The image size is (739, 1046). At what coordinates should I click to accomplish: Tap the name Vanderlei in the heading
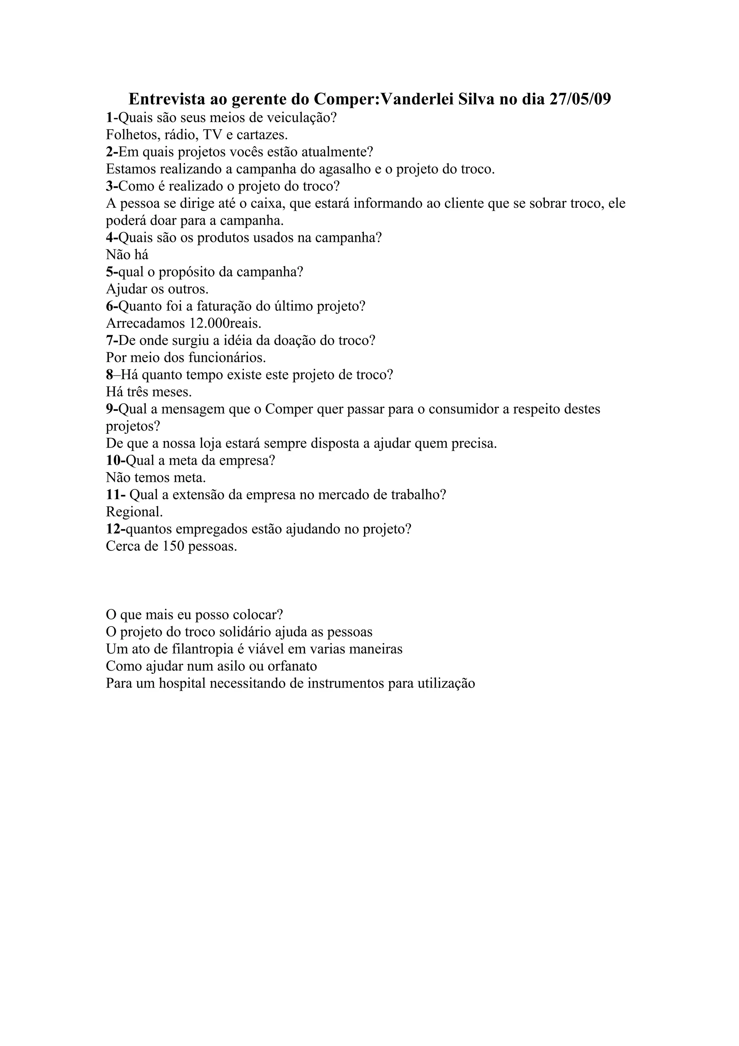416,99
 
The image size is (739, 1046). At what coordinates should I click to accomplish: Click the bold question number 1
109,118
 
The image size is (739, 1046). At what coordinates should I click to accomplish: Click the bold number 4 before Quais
109,237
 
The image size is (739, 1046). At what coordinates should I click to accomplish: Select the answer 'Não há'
127,255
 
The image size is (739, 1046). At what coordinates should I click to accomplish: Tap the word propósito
187,272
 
